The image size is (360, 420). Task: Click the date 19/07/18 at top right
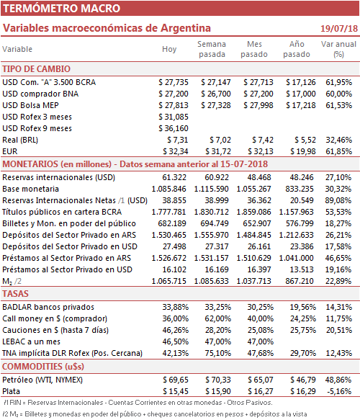click(x=339, y=28)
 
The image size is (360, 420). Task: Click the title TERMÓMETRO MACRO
click(x=62, y=9)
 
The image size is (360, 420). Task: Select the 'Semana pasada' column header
click(x=212, y=49)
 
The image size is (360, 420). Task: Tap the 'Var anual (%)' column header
click(x=338, y=49)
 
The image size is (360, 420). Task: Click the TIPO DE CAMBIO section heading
click(x=37, y=69)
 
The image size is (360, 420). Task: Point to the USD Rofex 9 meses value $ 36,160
click(x=174, y=128)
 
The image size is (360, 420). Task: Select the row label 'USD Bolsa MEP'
click(x=30, y=105)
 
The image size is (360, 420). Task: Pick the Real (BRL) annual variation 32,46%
click(x=338, y=140)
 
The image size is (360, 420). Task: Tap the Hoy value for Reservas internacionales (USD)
click(x=174, y=177)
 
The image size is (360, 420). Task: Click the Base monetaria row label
click(x=30, y=189)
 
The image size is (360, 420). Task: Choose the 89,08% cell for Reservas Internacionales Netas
click(x=338, y=200)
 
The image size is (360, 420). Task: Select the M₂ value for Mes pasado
click(x=253, y=281)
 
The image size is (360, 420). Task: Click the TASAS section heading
click(x=15, y=294)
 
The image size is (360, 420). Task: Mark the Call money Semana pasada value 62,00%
click(x=218, y=318)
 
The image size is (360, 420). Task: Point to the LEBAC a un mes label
click(x=31, y=341)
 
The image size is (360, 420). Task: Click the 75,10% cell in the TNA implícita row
click(x=218, y=353)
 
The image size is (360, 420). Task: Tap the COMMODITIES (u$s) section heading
click(x=43, y=366)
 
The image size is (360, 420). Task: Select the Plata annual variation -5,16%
click(x=339, y=391)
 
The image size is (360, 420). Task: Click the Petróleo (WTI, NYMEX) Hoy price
click(x=176, y=380)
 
